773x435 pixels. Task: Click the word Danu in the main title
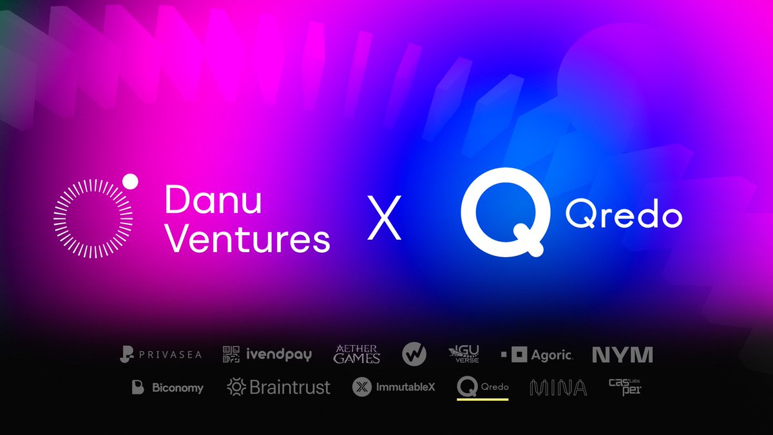point(214,201)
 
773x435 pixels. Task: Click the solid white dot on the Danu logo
point(131,181)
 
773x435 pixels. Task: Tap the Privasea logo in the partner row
point(161,354)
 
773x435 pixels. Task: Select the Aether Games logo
point(357,354)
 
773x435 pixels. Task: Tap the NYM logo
point(622,354)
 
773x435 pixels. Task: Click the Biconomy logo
point(167,387)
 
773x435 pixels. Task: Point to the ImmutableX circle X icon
point(362,387)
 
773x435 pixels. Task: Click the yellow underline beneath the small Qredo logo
point(482,399)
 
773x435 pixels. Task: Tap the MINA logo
point(558,387)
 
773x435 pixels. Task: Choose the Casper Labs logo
point(625,387)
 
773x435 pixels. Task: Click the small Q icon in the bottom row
point(466,387)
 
